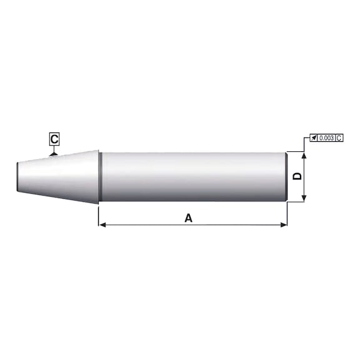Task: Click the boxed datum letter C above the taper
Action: [x=54, y=139]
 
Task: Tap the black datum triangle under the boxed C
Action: [x=54, y=154]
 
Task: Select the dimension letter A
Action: [x=189, y=218]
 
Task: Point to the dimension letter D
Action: [x=297, y=176]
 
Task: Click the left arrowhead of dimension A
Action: [x=102, y=225]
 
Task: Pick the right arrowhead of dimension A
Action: [x=284, y=225]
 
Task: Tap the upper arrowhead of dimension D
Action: [x=304, y=156]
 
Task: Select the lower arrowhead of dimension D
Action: [x=304, y=198]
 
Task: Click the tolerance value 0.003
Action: [x=326, y=138]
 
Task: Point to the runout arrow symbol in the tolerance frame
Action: [x=314, y=138]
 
